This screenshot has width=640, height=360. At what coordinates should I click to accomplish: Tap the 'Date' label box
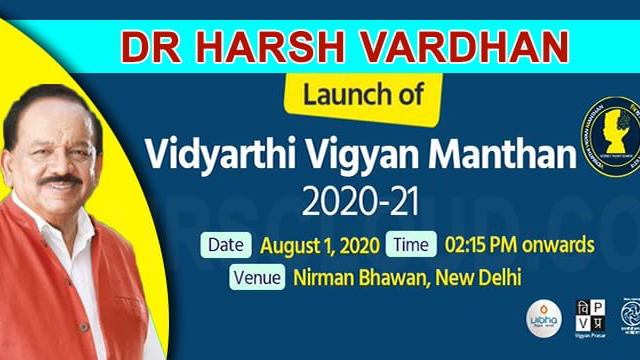[x=228, y=244]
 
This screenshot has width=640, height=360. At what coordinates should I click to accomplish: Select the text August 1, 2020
[x=314, y=244]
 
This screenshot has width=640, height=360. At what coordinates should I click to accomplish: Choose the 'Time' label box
[x=410, y=244]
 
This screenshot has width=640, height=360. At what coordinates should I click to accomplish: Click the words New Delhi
[x=476, y=277]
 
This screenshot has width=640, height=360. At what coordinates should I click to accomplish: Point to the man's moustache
[x=62, y=180]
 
